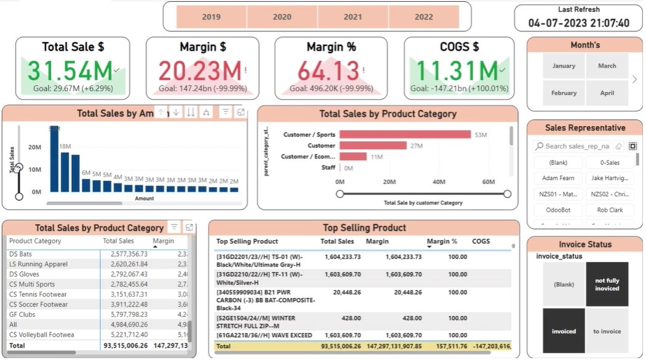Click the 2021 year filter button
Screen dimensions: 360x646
pyautogui.click(x=353, y=17)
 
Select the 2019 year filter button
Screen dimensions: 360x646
pyautogui.click(x=211, y=17)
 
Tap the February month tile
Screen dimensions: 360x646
pyautogui.click(x=564, y=93)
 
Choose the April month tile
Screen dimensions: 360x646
pyautogui.click(x=607, y=93)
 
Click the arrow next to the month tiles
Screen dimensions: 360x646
pyautogui.click(x=634, y=79)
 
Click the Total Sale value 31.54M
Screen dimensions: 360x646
pyautogui.click(x=70, y=71)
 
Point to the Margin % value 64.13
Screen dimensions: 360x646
pyautogui.click(x=330, y=71)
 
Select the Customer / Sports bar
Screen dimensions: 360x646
pyautogui.click(x=404, y=135)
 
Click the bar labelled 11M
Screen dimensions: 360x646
pyautogui.click(x=353, y=157)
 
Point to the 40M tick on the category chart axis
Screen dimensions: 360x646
pyautogui.click(x=439, y=182)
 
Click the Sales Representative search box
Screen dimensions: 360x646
pyautogui.click(x=576, y=146)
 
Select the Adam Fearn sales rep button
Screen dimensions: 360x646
pyautogui.click(x=558, y=178)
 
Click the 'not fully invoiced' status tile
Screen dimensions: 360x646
pyautogui.click(x=607, y=284)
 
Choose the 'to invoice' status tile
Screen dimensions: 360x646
pyautogui.click(x=607, y=331)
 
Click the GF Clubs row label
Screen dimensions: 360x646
pyautogui.click(x=23, y=314)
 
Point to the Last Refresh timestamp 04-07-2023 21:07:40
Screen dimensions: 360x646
pyautogui.click(x=578, y=23)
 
